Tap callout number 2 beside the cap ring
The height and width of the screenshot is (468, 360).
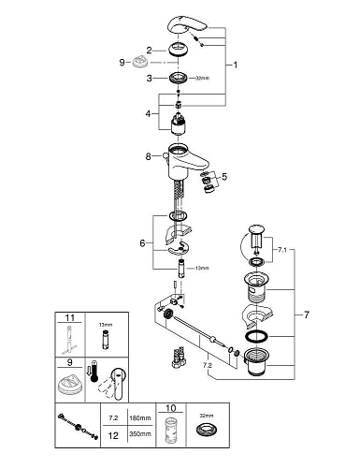point(149,50)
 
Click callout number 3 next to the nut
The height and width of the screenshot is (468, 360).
point(149,80)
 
